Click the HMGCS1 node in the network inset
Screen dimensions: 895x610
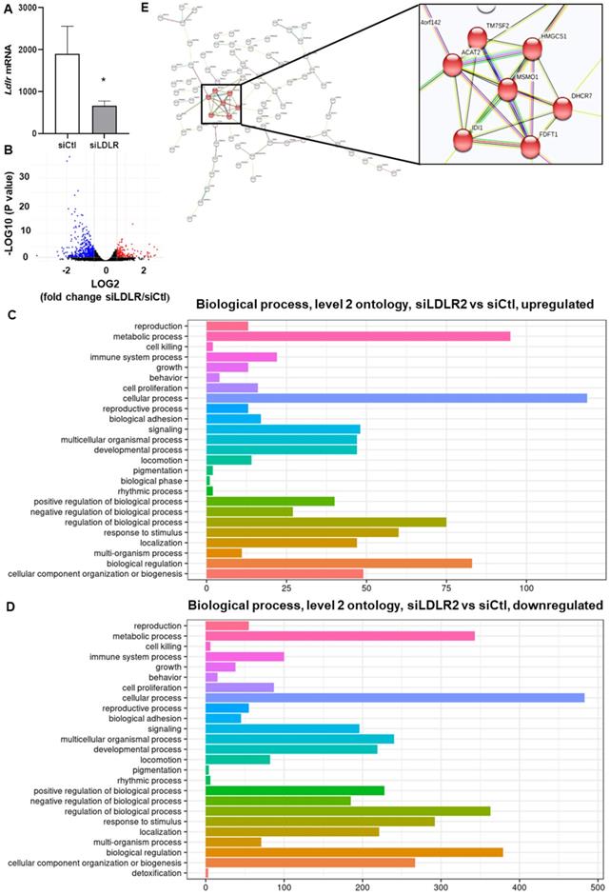coord(533,50)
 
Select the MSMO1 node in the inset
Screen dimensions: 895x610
coord(507,89)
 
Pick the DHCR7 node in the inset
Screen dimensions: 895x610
coord(562,109)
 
